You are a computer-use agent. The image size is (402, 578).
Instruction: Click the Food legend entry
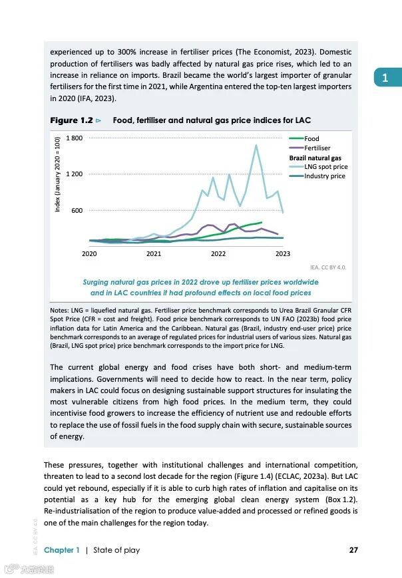click(311, 138)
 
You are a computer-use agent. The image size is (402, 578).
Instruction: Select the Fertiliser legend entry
click(317, 148)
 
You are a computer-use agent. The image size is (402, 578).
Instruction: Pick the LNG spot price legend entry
click(325, 167)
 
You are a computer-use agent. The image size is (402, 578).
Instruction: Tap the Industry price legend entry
click(324, 176)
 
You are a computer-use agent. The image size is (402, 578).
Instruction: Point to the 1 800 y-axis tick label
click(74, 138)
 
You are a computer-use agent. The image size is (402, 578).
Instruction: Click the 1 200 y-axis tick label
click(74, 174)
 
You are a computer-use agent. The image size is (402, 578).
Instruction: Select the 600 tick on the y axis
click(77, 211)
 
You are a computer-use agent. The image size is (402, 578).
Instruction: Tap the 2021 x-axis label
click(154, 253)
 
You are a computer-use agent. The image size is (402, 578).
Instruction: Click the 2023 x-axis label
click(283, 253)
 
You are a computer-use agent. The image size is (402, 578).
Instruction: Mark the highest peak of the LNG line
click(256, 145)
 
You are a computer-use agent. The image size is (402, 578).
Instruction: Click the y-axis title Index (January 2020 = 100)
click(58, 174)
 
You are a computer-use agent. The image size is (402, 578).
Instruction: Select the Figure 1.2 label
click(71, 120)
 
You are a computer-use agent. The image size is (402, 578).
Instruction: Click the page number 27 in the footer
click(353, 550)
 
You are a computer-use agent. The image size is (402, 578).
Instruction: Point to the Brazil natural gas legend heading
click(315, 158)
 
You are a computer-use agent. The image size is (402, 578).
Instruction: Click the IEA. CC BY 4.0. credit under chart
click(328, 267)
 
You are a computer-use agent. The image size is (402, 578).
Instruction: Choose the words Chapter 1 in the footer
click(61, 550)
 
